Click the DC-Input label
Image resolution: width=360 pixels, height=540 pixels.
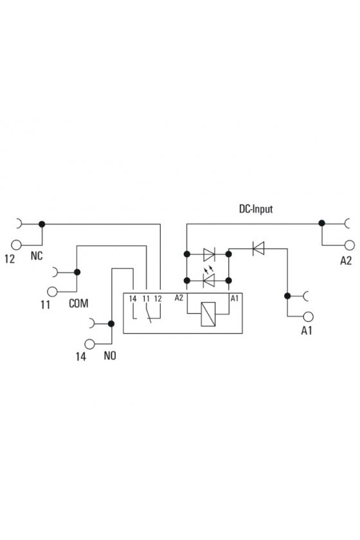[x=256, y=209]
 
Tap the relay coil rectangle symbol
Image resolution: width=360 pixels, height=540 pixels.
[x=208, y=314]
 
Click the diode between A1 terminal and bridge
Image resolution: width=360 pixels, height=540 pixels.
[x=258, y=248]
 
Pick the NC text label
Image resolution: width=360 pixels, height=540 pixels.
[x=37, y=256]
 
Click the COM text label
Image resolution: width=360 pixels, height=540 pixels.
[x=78, y=303]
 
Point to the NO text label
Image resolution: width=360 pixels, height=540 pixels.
[x=110, y=355]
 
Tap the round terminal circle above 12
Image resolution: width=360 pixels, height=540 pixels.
[x=16, y=245]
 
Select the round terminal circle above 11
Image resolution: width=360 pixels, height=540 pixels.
[x=52, y=292]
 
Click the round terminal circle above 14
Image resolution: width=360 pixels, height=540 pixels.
[x=89, y=344]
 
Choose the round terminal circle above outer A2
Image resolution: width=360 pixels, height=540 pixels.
[x=349, y=245]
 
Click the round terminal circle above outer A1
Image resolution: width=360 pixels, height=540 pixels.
[x=308, y=316]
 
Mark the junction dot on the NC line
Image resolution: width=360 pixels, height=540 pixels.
[x=42, y=224]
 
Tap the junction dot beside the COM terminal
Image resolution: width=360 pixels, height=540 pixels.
[x=77, y=272]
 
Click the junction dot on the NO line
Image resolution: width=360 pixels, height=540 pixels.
[x=111, y=324]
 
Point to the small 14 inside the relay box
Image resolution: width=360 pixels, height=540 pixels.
[x=132, y=298]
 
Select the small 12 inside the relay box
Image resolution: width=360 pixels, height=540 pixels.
[x=157, y=298]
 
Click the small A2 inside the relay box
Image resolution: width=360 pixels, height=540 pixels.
[x=179, y=298]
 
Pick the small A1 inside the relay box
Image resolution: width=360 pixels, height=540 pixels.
[x=234, y=298]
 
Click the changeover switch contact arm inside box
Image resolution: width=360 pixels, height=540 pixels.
[x=148, y=315]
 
